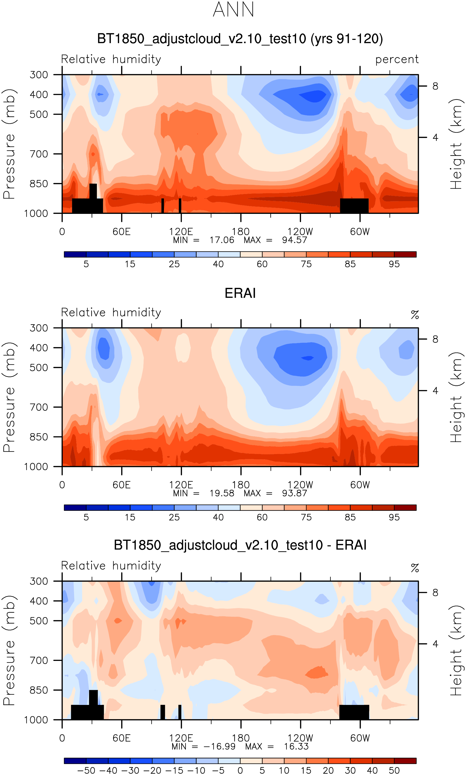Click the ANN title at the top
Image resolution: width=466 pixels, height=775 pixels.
233,10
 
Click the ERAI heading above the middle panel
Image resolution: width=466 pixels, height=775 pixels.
240,293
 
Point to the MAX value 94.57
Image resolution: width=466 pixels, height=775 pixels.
294,240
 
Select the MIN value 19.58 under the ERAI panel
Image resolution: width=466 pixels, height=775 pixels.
222,493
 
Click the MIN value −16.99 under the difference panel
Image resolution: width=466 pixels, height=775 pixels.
219,746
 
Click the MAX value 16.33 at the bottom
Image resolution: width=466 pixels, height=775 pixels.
296,746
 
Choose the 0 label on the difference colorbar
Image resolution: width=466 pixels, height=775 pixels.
240,771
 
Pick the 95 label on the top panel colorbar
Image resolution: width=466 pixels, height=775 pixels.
394,264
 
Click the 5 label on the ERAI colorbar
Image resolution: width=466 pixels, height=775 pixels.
86,517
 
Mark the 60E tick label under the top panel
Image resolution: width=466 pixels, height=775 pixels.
121,232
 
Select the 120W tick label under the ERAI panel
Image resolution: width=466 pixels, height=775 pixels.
300,485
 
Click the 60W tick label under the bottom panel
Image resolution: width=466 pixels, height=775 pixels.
360,738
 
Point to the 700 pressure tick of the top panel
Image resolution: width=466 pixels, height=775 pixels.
39,154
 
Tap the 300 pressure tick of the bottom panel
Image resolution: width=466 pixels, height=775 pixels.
39,581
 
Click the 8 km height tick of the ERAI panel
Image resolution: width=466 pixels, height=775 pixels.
435,339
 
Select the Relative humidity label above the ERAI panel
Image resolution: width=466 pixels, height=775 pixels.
111,313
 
